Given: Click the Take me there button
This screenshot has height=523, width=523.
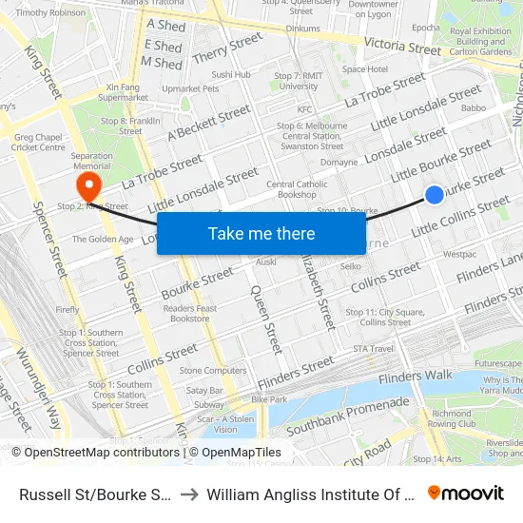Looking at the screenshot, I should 261,234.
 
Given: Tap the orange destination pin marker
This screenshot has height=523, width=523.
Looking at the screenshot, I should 88,184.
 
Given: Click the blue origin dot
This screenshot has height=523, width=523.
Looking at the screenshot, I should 434,195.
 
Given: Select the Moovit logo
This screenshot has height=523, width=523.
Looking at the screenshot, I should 466,493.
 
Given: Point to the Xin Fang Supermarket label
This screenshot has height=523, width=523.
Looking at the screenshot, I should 123,91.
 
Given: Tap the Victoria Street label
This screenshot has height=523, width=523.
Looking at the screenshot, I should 403,45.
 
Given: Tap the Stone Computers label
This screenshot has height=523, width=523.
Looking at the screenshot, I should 212,370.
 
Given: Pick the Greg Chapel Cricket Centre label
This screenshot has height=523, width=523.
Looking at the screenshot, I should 39,142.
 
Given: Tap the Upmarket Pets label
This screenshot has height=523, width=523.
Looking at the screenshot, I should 190,88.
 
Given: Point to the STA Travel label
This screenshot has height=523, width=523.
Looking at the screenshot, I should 373,349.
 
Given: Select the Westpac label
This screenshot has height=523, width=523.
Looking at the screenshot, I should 459,254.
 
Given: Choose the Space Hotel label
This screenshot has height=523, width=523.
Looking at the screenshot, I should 365,69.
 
